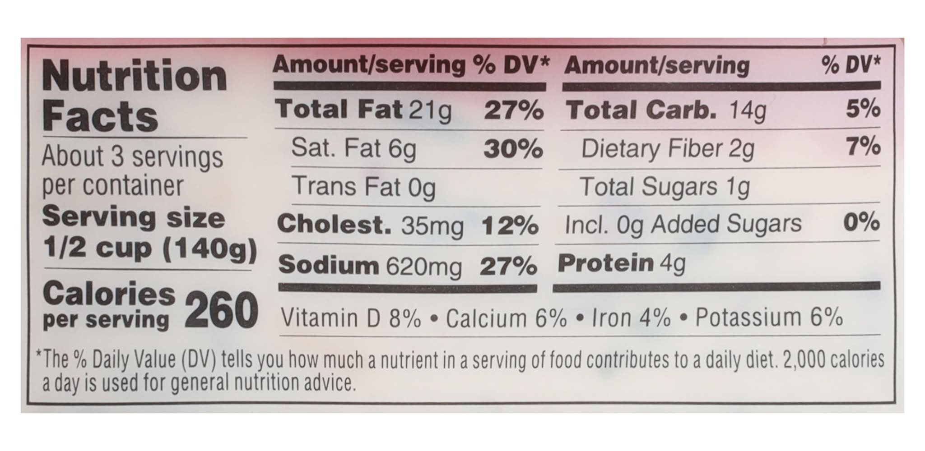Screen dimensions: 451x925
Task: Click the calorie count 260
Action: (221, 310)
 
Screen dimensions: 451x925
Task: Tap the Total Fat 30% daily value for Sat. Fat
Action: (513, 149)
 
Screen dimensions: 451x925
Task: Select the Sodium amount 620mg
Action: (424, 267)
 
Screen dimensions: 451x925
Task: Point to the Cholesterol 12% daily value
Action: (510, 225)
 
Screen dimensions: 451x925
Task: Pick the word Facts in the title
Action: (100, 116)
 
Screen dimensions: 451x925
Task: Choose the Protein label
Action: (606, 263)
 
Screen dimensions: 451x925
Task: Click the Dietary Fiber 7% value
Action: (863, 147)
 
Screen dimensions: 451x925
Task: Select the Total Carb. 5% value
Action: (863, 109)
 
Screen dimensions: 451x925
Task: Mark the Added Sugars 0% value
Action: (861, 222)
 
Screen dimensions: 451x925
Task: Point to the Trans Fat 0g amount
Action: (422, 188)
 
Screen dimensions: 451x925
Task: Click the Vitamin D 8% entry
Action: (351, 318)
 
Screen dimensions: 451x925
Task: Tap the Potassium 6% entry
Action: (769, 317)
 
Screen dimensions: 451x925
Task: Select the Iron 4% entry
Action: (631, 318)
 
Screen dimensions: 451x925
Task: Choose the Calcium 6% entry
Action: (506, 318)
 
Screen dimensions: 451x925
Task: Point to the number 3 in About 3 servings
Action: (117, 156)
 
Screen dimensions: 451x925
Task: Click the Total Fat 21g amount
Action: (430, 110)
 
